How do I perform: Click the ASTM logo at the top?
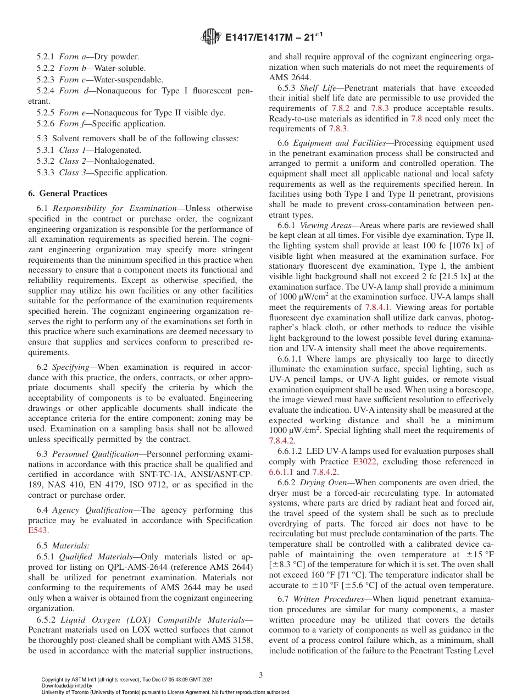[211, 37]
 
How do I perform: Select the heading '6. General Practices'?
[68, 193]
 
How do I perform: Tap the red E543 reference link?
[38, 530]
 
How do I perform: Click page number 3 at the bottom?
[261, 674]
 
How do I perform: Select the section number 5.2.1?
[46, 56]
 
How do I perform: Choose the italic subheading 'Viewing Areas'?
[325, 225]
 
